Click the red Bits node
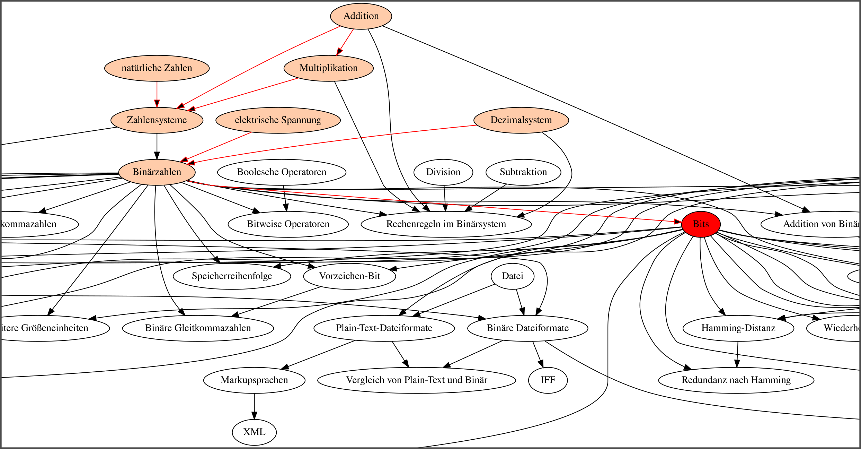[x=701, y=224]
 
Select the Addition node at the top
[x=361, y=16]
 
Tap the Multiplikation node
[x=328, y=68]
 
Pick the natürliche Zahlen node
[x=157, y=68]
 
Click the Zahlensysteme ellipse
[x=157, y=120]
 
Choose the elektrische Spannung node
[x=278, y=120]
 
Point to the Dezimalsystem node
[x=521, y=120]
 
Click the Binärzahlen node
[x=157, y=172]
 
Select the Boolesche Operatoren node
[x=281, y=172]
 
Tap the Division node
[x=443, y=172]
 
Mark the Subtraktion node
[x=523, y=172]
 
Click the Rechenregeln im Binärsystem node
[x=446, y=224]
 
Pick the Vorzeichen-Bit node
[x=349, y=276]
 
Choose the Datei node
[x=512, y=276]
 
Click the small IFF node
[x=548, y=380]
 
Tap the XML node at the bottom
[x=254, y=432]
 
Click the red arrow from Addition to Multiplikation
[x=345, y=42]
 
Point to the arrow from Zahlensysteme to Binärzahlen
[x=157, y=146]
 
